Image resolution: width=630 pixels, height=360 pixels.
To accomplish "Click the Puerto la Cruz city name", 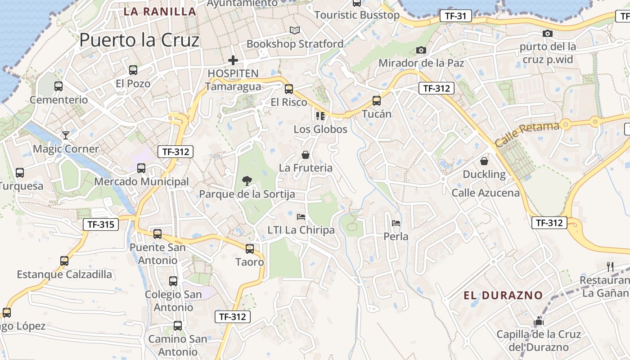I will pos(139,40).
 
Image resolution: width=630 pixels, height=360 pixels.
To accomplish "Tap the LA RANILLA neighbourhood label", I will pos(160,12).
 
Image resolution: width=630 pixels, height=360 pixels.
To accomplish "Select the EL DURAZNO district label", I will pos(503,296).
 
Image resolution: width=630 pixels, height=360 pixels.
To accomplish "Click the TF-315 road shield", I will pos(101,224).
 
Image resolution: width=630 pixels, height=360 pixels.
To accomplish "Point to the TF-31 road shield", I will pos(455,16).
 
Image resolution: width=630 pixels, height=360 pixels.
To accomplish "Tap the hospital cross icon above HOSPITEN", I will pos(233,60).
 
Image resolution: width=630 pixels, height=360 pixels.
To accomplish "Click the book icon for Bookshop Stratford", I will pos(295,30).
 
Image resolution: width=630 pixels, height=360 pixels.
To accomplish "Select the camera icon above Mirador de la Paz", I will pos(421,50).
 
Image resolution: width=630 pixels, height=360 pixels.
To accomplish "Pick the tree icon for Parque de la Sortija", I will pos(247,181).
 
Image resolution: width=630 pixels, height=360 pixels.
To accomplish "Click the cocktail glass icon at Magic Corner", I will pos(66,135).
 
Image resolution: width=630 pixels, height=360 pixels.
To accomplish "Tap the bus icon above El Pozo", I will pos(133,70).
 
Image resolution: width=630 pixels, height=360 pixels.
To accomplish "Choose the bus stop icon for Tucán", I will pos(377,101).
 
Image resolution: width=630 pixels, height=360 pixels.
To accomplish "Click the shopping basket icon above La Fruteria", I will pos(306,155).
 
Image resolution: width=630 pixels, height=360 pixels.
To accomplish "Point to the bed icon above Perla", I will pos(396,223).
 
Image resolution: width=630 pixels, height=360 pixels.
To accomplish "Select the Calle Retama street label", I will pos(527,134).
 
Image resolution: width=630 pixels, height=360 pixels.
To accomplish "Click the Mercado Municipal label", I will pos(141,182).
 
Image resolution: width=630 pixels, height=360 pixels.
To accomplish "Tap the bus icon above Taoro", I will pos(249,248).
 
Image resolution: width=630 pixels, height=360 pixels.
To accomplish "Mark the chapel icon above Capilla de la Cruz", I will pos(538,321).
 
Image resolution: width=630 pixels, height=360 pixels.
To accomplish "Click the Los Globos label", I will pos(320,130).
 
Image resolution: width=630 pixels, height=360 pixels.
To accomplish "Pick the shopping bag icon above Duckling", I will pos(484,161).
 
